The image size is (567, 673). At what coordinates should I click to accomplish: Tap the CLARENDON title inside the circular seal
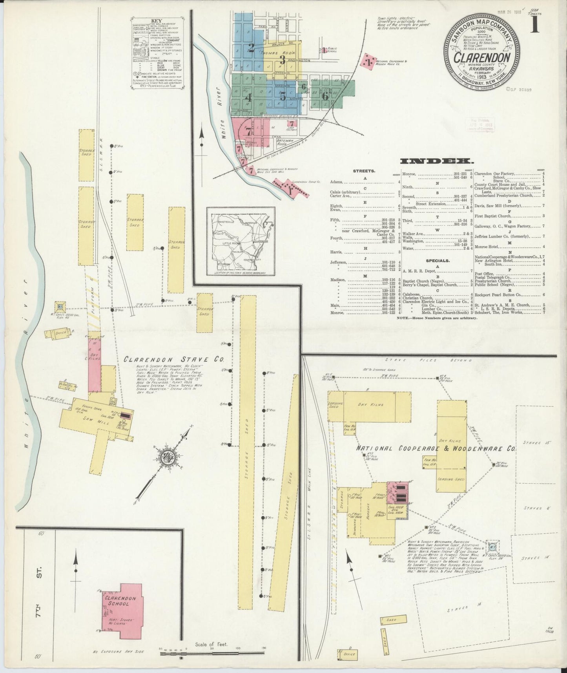click(482, 57)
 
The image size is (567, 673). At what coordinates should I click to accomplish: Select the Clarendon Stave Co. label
click(174, 359)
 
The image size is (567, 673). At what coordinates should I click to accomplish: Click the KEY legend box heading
click(157, 21)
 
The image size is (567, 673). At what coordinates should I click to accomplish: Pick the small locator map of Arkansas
click(241, 241)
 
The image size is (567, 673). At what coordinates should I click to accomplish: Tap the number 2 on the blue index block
click(251, 48)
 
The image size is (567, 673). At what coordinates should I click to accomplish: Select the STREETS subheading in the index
click(364, 171)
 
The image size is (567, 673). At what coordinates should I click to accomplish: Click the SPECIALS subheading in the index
click(438, 260)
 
